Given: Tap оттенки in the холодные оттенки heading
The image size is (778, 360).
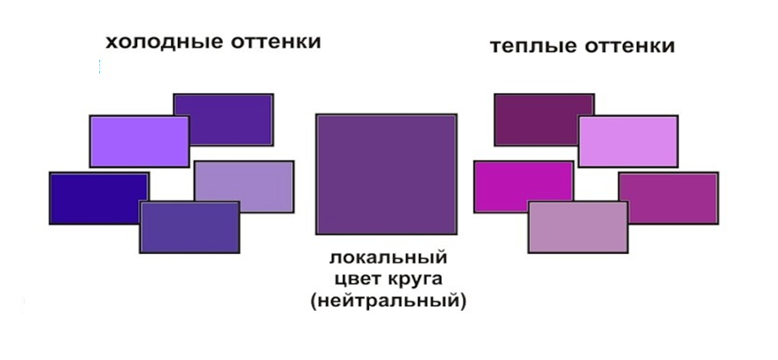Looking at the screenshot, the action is [276, 42].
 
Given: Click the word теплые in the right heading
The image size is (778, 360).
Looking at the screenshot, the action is [533, 47].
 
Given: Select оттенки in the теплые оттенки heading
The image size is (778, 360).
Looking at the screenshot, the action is [630, 47].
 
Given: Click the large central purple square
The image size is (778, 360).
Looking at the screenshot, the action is [386, 174].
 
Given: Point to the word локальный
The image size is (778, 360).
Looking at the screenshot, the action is [389, 258].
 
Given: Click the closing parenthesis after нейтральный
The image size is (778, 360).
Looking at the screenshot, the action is [463, 302].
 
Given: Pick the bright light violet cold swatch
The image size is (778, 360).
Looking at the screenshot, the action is [140, 141].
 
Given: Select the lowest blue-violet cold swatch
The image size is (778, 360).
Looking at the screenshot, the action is [190, 227].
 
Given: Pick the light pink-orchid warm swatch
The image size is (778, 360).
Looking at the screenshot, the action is [628, 141].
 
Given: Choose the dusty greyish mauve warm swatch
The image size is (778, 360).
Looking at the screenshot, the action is [578, 227].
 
